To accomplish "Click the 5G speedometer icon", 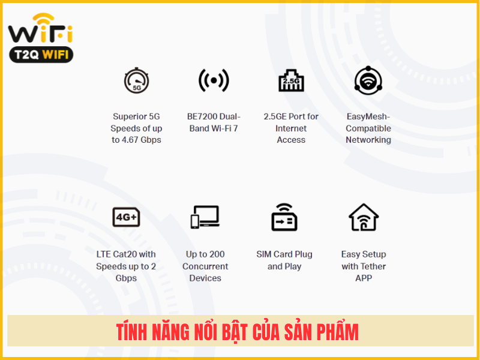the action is pyautogui.click(x=137, y=80).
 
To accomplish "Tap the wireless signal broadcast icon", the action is pyautogui.click(x=214, y=80).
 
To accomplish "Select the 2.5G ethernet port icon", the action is pyautogui.click(x=291, y=80).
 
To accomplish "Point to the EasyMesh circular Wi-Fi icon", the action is pyautogui.click(x=368, y=80).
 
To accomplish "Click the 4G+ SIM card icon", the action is pyautogui.click(x=126, y=217).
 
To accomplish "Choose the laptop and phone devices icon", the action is pyautogui.click(x=205, y=217).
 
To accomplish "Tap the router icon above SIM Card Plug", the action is pyautogui.click(x=284, y=217).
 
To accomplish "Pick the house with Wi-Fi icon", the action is pyautogui.click(x=364, y=217).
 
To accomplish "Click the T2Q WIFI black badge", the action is pyautogui.click(x=41, y=55).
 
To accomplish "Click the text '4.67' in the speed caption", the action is pyautogui.click(x=130, y=140).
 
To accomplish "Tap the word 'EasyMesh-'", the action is pyautogui.click(x=368, y=116).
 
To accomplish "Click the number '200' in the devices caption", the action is pyautogui.click(x=217, y=254).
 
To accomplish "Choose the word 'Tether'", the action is pyautogui.click(x=372, y=266).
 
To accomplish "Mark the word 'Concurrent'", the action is pyautogui.click(x=205, y=266).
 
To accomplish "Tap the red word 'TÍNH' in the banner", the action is pyautogui.click(x=131, y=332).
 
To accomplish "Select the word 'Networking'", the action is pyautogui.click(x=368, y=140).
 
